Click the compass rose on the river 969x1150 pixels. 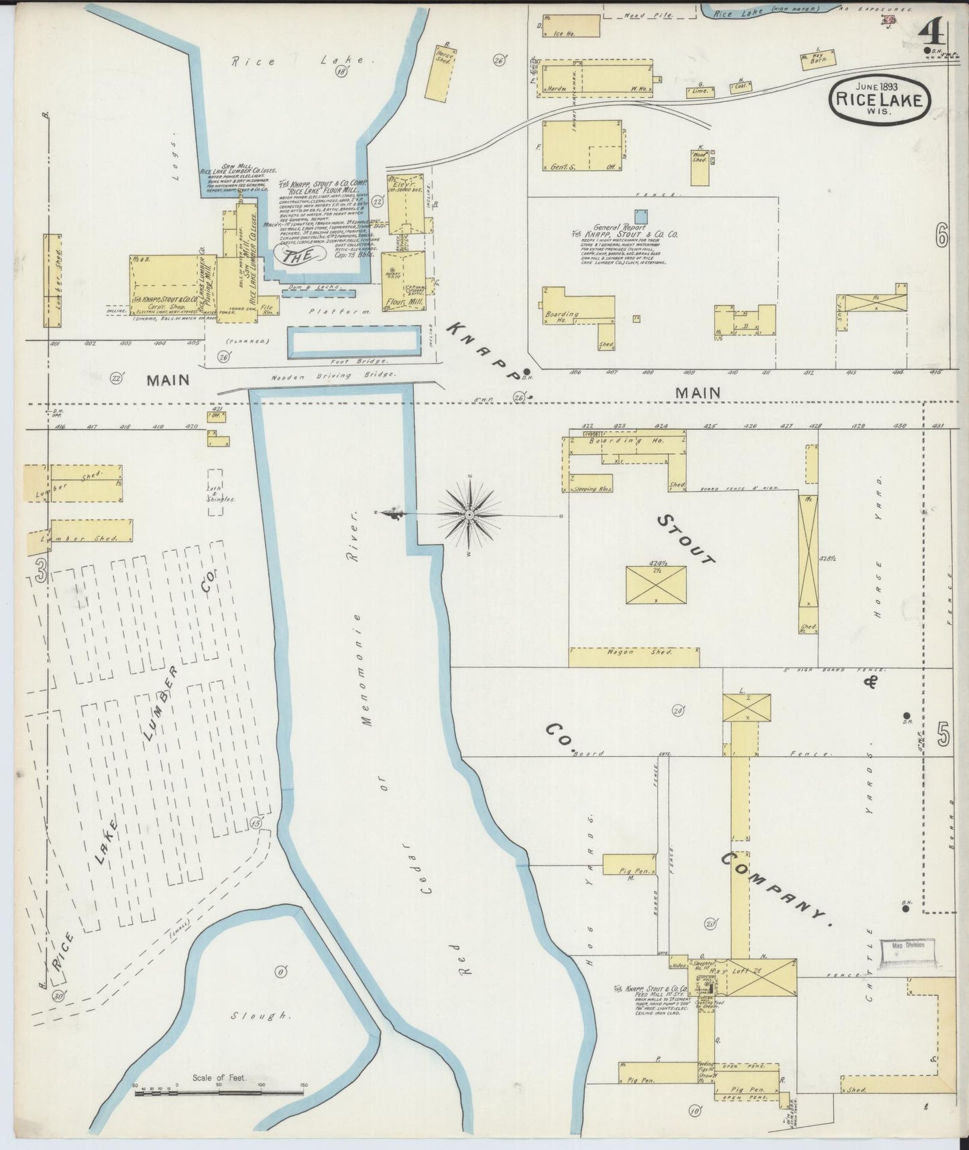(469, 515)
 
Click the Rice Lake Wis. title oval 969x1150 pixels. (880, 99)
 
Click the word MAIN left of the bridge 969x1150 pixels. (168, 380)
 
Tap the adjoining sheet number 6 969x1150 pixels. (942, 236)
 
